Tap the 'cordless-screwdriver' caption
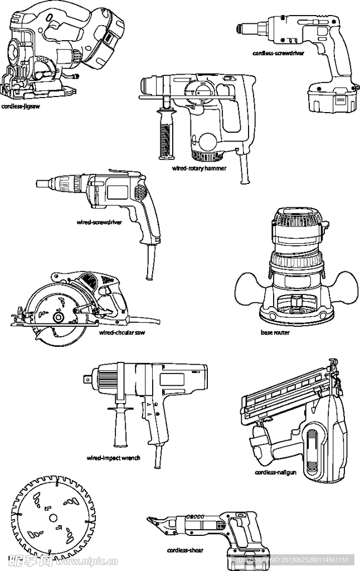[x=278, y=54]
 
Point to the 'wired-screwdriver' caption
[x=99, y=222]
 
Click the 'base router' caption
[x=275, y=332]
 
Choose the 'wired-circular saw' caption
[x=121, y=332]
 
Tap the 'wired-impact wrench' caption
[x=113, y=458]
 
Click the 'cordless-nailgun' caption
[x=275, y=472]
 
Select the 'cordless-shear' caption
[x=185, y=550]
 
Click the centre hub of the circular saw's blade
[x=58, y=317]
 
